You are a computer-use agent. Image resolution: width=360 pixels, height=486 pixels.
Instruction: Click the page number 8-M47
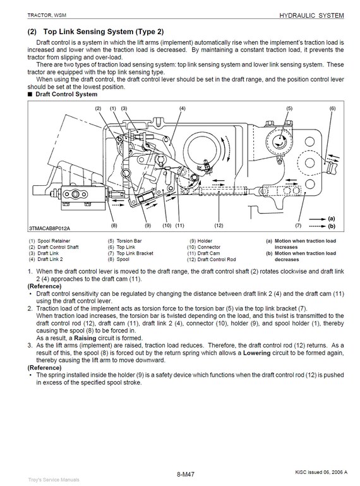(186, 474)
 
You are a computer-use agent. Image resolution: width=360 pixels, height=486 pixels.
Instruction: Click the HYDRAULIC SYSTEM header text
(311, 16)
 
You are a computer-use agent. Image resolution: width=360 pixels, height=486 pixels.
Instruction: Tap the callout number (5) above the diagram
(289, 109)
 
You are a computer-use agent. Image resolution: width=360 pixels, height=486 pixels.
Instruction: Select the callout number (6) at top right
(332, 109)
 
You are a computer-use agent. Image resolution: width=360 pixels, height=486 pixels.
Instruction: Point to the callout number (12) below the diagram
(219, 226)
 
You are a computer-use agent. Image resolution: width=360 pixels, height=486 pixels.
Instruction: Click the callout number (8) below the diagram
(114, 226)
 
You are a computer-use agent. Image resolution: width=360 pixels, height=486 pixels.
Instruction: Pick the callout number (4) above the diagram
(183, 109)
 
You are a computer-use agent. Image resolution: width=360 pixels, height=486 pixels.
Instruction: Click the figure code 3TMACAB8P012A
(50, 228)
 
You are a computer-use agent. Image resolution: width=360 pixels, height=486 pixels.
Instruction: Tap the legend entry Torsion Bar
(129, 241)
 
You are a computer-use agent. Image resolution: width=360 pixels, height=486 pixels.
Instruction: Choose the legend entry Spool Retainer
(54, 241)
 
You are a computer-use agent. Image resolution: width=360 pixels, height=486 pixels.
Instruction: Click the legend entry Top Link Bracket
(135, 253)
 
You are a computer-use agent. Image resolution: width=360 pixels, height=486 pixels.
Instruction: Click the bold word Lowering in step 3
(257, 353)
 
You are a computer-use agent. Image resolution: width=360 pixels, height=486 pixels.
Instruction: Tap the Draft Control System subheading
(66, 94)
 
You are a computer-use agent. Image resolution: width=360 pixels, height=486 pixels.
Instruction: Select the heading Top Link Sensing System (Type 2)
(104, 32)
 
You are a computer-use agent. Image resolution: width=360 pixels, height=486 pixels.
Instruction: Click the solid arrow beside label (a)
(318, 219)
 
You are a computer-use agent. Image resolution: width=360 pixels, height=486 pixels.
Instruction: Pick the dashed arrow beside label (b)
(318, 226)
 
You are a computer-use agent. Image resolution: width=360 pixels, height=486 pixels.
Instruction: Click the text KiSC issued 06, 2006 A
(321, 472)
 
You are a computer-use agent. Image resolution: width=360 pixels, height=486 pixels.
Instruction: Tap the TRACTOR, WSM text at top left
(47, 15)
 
